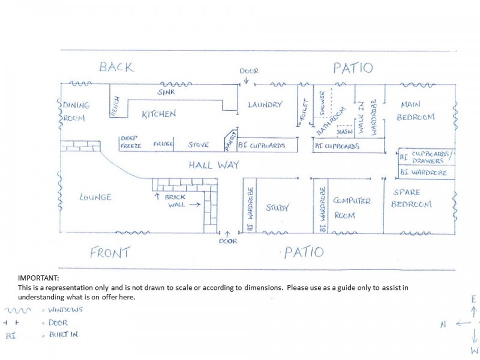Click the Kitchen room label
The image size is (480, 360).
pos(158,114)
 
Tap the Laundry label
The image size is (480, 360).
pos(265,105)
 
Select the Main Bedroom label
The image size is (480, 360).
pos(415,111)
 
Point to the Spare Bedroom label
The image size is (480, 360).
pos(411,199)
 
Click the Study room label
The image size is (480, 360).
pos(277,208)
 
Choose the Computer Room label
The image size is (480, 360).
pos(353,208)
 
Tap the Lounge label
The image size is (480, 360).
pos(95,197)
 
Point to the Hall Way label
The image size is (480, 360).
pos(214,165)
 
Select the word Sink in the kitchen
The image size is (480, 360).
pos(166,92)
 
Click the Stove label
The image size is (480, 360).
pos(199,145)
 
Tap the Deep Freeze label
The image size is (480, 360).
pos(131,142)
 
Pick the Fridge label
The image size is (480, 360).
pos(163,144)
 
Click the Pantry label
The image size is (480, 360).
pos(232,139)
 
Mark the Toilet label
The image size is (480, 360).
pos(304,111)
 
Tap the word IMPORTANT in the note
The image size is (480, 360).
pos(38,278)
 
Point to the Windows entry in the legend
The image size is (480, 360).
pos(66,310)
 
